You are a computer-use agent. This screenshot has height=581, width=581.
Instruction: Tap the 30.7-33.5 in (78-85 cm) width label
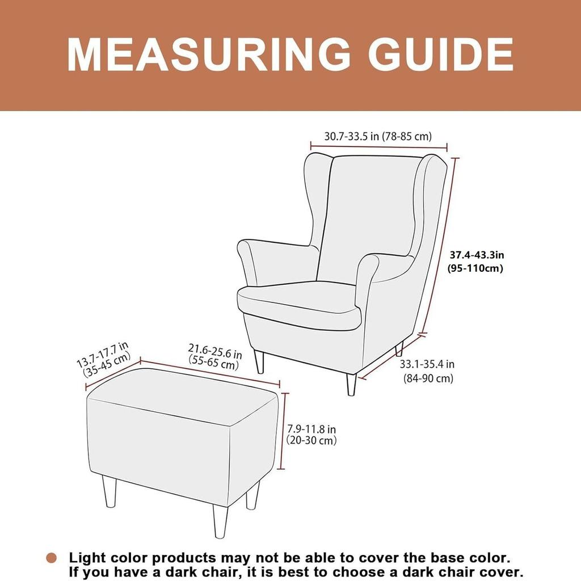coord(378,136)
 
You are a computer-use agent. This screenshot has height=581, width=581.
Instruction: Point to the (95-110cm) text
coord(475,268)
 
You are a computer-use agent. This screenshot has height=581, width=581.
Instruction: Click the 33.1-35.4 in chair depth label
coord(427,365)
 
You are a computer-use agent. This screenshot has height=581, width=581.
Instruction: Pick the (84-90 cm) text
coord(428,378)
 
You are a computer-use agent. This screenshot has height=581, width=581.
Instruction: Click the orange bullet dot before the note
coord(52,558)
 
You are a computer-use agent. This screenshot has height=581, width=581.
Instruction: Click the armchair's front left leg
coord(259,362)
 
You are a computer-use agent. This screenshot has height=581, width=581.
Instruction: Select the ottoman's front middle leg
coord(220,520)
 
